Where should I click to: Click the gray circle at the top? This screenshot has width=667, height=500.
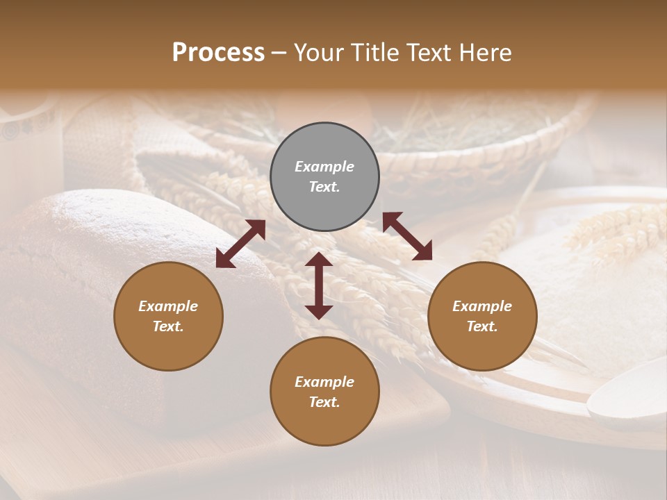tap(324, 177)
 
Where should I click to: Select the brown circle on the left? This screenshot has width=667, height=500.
tap(168, 316)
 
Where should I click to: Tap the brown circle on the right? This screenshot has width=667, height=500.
tap(482, 316)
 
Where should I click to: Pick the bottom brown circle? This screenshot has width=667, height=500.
tap(324, 392)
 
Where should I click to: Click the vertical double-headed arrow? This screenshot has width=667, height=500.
tap(319, 285)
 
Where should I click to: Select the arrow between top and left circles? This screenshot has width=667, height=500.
tap(240, 244)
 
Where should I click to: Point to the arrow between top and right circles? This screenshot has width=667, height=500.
tap(407, 237)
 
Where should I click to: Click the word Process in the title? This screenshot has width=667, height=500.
tap(218, 52)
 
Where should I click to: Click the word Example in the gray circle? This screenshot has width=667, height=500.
tap(324, 167)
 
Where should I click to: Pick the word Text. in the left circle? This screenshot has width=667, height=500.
tap(168, 326)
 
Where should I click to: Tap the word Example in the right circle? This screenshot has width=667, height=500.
tap(482, 306)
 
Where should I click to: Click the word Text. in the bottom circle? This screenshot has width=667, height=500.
tap(324, 402)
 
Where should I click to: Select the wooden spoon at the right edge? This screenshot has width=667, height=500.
tap(629, 396)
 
